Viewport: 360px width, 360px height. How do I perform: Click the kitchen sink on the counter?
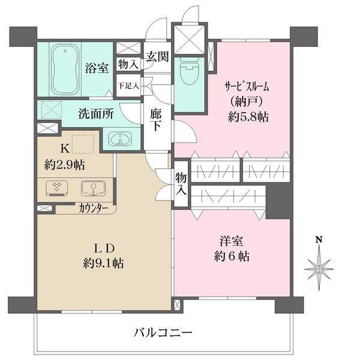coord(94,189)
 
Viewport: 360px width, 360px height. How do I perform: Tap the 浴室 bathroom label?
coord(96,68)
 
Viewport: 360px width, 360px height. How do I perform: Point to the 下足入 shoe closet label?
coord(128,85)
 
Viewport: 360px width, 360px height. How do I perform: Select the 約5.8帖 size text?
coord(246,118)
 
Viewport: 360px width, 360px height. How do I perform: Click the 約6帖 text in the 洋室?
coord(232,257)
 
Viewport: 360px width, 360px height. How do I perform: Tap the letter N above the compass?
coord(319,241)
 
